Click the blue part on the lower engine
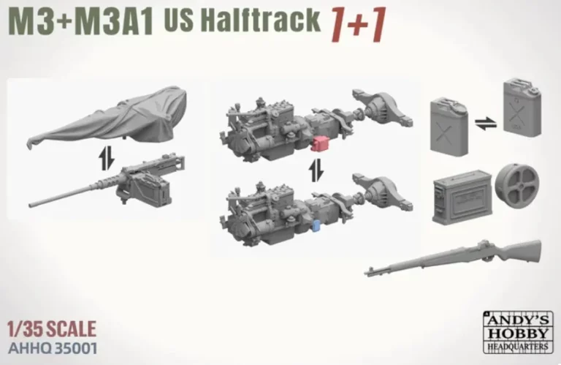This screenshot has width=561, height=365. [316, 226]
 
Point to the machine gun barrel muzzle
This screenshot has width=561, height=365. [31, 205]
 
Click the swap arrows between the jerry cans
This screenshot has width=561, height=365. [486, 124]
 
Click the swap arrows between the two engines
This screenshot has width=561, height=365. [316, 170]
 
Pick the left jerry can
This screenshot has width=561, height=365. [449, 126]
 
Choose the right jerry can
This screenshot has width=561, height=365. [522, 107]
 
